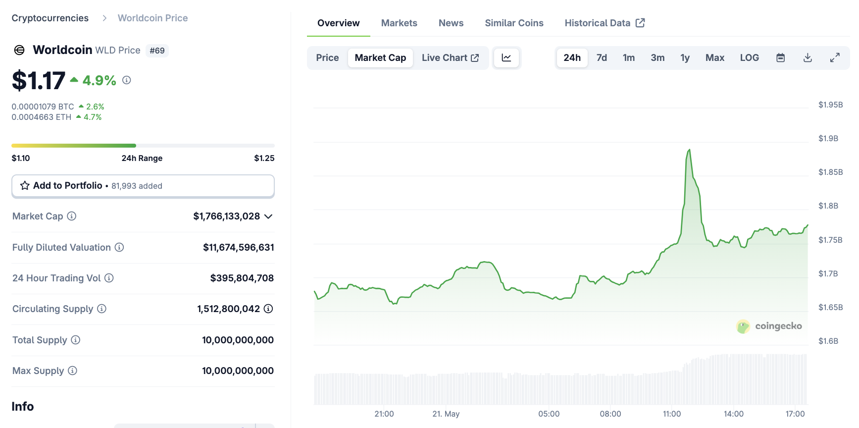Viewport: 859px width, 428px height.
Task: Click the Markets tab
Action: click(x=399, y=23)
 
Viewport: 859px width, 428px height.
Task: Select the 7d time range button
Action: click(x=602, y=58)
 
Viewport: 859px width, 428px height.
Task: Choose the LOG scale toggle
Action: click(x=749, y=58)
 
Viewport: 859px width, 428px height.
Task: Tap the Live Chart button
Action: click(x=450, y=58)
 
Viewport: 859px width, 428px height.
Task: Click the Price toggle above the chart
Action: click(x=327, y=58)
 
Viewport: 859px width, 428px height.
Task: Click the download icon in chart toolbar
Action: click(x=808, y=58)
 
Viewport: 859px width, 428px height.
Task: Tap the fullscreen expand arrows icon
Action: click(x=835, y=58)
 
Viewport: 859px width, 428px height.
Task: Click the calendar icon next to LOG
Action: click(x=780, y=58)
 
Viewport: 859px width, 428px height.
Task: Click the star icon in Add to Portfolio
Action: click(x=25, y=186)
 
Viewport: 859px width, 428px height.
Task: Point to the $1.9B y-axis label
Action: click(x=828, y=139)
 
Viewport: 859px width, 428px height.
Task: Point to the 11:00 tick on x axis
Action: click(x=672, y=414)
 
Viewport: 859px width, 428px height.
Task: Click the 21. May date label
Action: click(x=446, y=414)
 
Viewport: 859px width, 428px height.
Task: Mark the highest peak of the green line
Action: click(x=689, y=150)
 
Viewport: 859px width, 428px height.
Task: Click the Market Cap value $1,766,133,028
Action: click(x=226, y=216)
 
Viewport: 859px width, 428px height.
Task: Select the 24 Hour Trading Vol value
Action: click(x=242, y=278)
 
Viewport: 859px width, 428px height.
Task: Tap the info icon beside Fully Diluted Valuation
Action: click(x=119, y=247)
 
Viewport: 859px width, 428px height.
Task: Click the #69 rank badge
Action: click(x=157, y=51)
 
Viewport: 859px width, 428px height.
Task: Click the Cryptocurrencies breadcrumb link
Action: click(x=50, y=18)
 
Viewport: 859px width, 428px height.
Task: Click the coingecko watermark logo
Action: click(x=769, y=326)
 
